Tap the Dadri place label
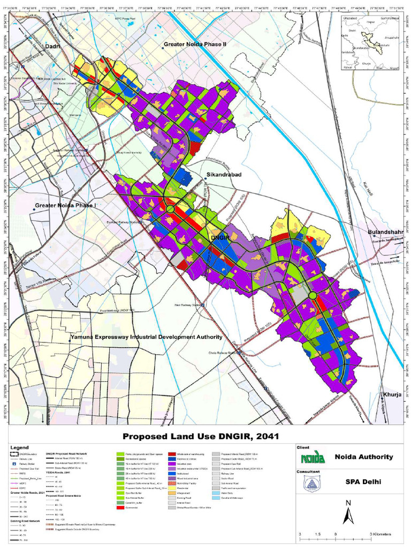click(53, 47)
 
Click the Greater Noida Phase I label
click(65, 205)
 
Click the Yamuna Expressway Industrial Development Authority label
click(146, 337)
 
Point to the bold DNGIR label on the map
click(220, 237)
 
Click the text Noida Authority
click(364, 457)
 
